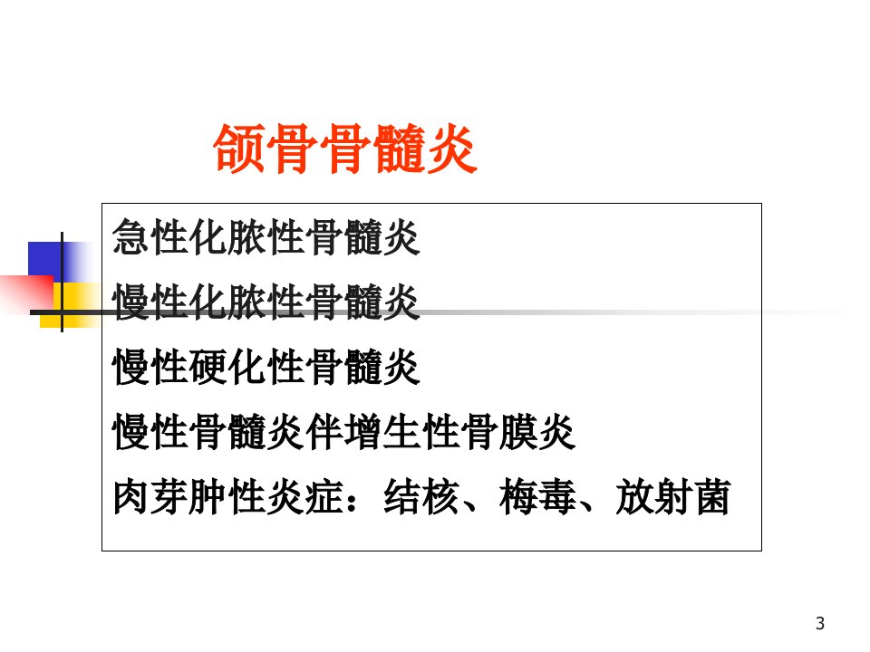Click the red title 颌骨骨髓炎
click(x=345, y=149)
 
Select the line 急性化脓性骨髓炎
click(x=266, y=237)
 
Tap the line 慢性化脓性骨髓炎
click(x=266, y=302)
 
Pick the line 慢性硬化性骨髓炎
click(x=266, y=367)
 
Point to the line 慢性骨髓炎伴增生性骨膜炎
click(x=343, y=432)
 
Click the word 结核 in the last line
click(x=421, y=497)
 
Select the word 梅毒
click(x=537, y=497)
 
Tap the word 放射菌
click(x=672, y=497)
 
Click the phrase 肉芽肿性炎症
click(x=228, y=497)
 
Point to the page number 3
click(x=820, y=623)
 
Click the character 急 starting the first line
click(x=131, y=237)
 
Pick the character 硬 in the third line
click(x=208, y=367)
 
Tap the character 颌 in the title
click(x=239, y=149)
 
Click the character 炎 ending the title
click(x=451, y=149)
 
